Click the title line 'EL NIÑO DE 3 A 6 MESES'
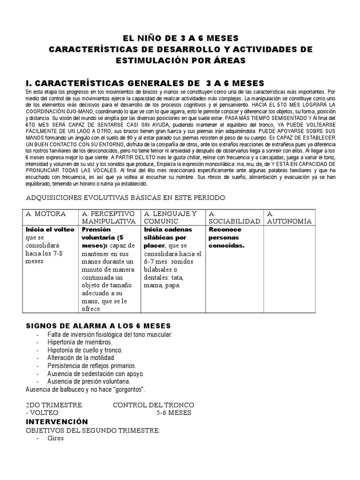(180, 37)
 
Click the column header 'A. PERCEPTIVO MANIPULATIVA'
(109, 217)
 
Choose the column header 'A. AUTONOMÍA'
(289, 217)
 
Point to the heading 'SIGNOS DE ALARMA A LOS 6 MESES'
(97, 326)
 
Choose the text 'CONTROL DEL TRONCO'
(153, 405)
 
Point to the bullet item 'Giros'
(55, 439)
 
